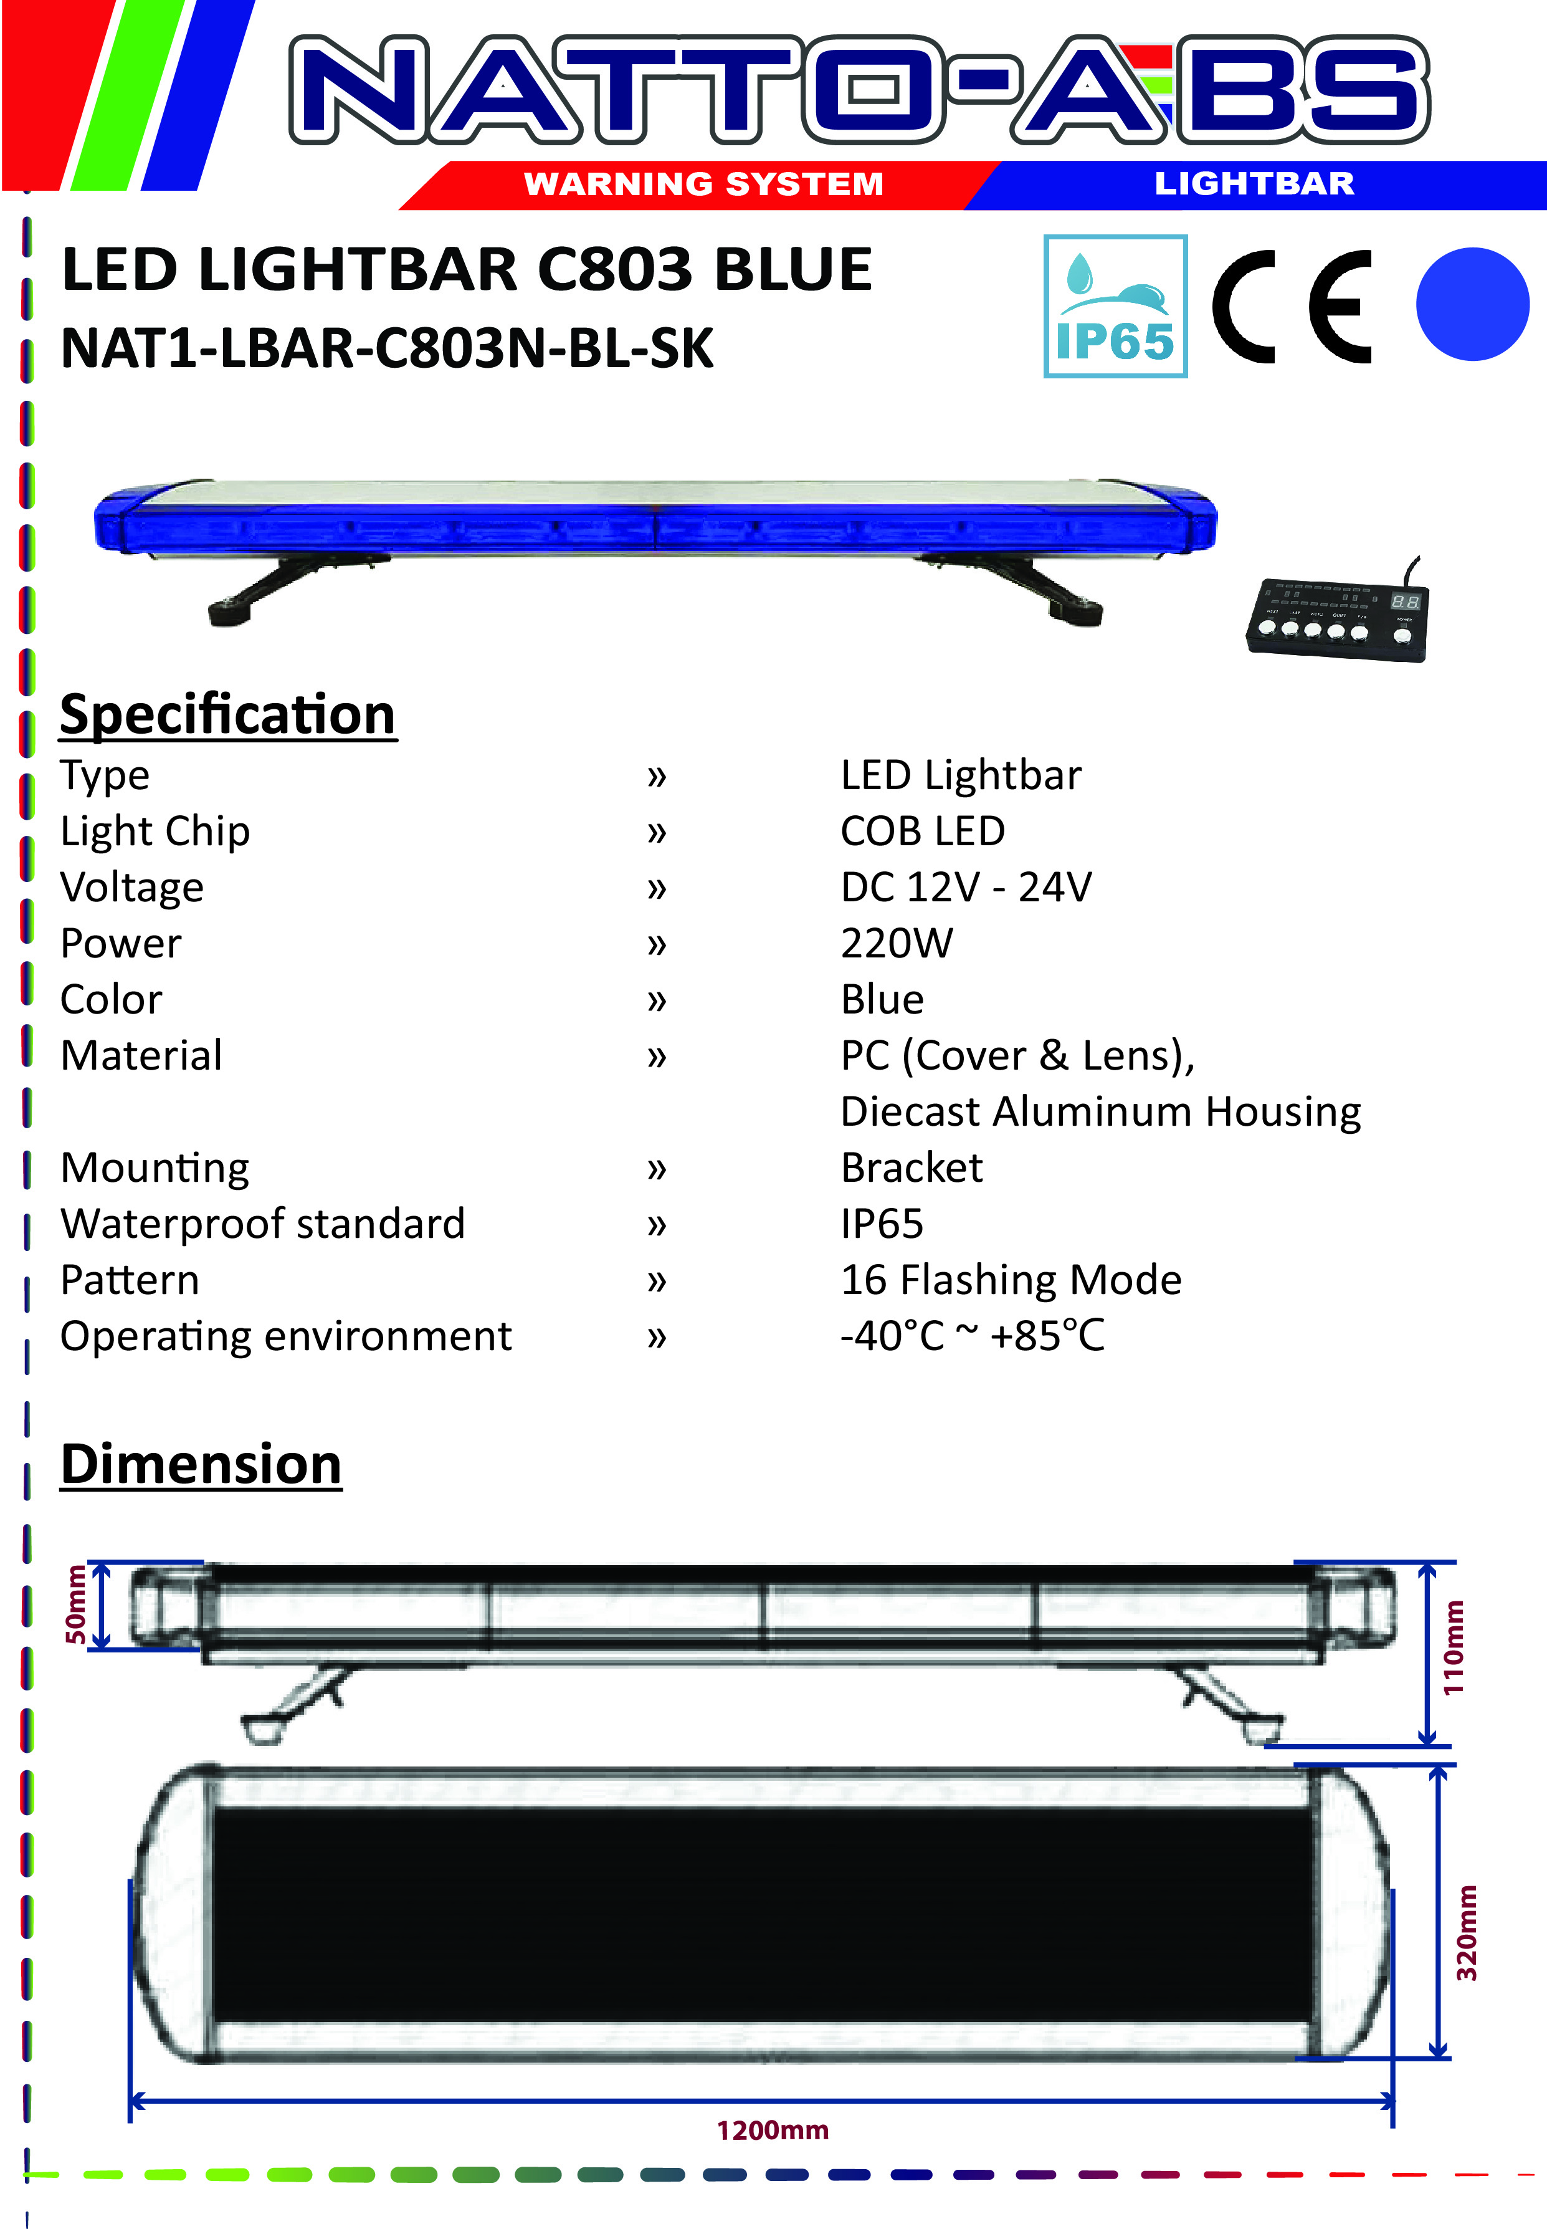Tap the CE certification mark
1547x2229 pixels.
pyautogui.click(x=1292, y=307)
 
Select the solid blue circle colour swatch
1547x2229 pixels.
pyautogui.click(x=1472, y=304)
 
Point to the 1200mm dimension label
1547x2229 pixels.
pyautogui.click(x=773, y=2130)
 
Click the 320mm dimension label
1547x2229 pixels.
pyautogui.click(x=1467, y=1932)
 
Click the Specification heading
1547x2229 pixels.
pyautogui.click(x=228, y=716)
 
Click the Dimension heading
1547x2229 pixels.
pyautogui.click(x=201, y=1464)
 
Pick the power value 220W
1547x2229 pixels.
pyautogui.click(x=897, y=943)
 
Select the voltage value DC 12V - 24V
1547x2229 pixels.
pyautogui.click(x=966, y=887)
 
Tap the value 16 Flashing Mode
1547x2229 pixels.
pyautogui.click(x=1011, y=1280)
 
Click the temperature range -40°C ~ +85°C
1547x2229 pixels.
pyautogui.click(x=972, y=1336)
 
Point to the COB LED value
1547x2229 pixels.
pyautogui.click(x=923, y=831)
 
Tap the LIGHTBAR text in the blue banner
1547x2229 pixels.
pyautogui.click(x=1254, y=183)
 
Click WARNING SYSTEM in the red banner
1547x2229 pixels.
pyautogui.click(x=703, y=183)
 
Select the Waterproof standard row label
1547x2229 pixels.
pyautogui.click(x=263, y=1224)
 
